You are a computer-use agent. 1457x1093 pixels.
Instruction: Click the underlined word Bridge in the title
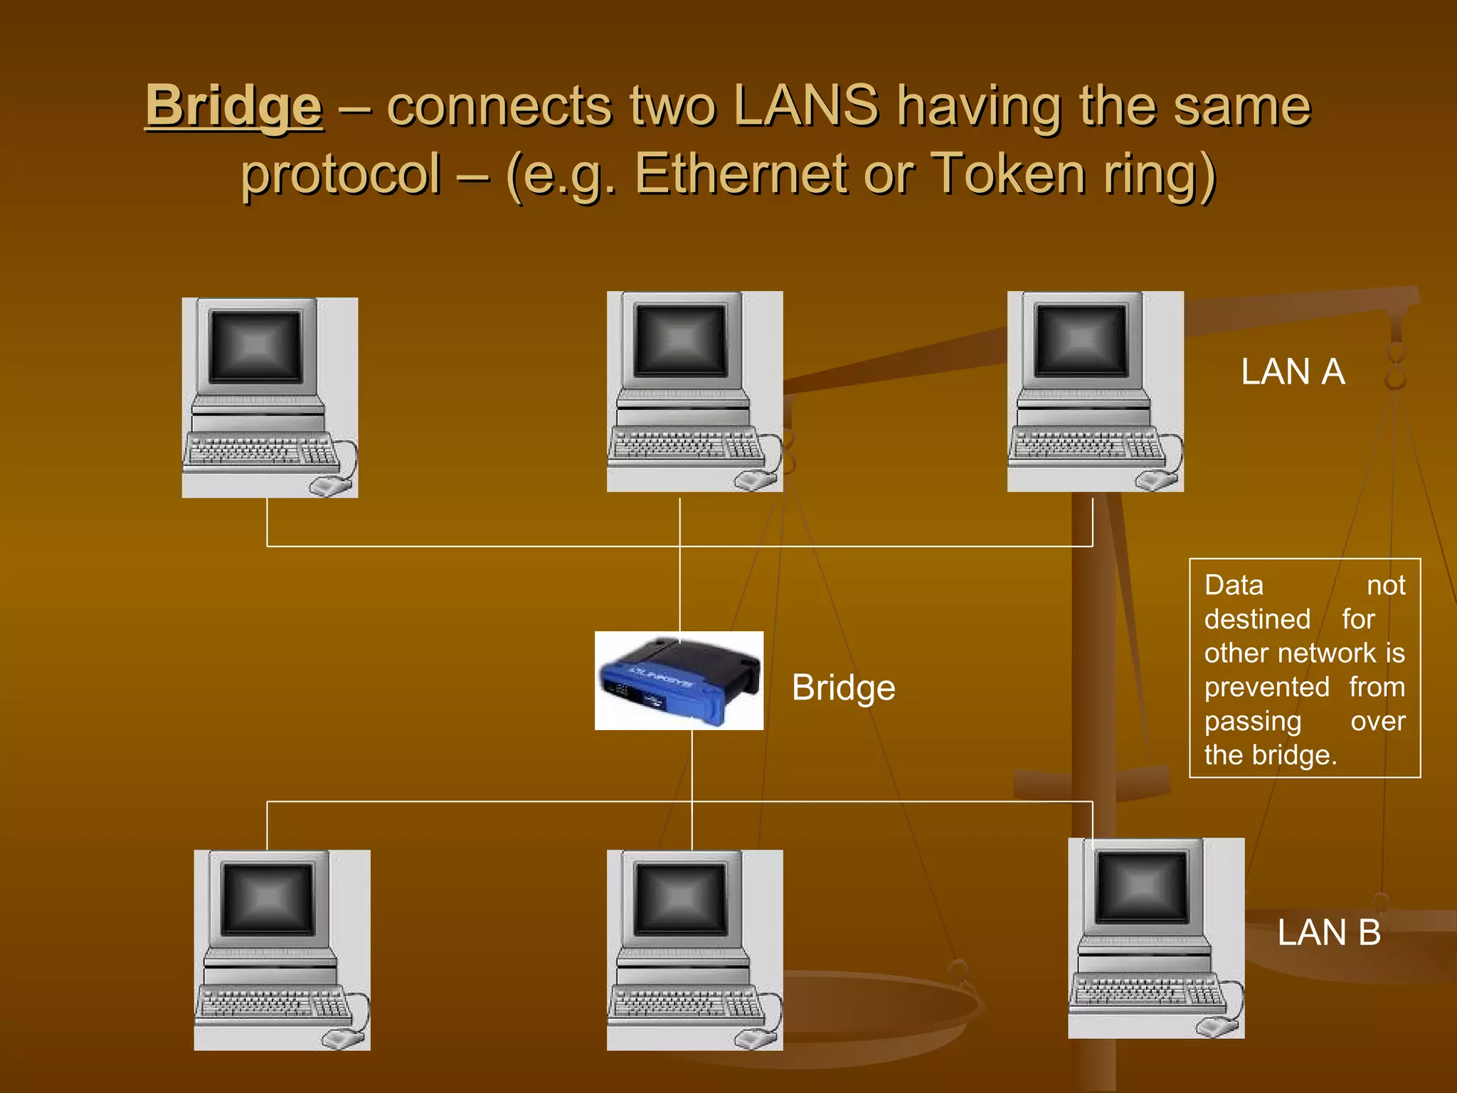tap(233, 107)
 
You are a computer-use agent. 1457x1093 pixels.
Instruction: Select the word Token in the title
tap(1008, 174)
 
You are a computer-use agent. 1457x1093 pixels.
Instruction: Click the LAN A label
tap(1292, 372)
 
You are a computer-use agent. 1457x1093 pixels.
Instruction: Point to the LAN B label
tap(1328, 933)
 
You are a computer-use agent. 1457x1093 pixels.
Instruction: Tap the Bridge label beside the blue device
tap(843, 688)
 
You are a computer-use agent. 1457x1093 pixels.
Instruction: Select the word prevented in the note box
tap(1266, 687)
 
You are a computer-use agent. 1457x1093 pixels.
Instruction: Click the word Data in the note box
tap(1234, 586)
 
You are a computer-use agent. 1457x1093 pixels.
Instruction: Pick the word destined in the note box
tap(1256, 620)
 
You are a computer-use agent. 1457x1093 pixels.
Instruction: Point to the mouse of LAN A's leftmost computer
tap(329, 487)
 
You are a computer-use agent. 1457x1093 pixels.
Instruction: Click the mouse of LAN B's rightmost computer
tap(1215, 1026)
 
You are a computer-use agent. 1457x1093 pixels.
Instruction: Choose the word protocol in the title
tap(341, 174)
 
